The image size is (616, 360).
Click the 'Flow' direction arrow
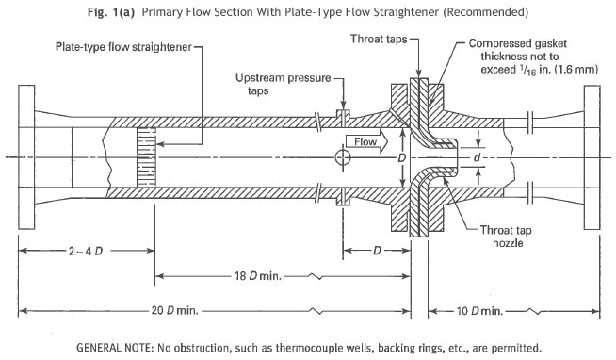367,142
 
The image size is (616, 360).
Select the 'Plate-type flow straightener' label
123,47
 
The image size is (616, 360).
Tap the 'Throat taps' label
379,39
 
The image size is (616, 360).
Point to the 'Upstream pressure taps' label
283,84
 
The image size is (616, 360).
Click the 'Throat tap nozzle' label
506,237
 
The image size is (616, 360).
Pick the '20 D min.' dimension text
175,311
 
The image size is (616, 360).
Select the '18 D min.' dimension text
258,276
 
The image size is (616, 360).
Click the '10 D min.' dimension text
479,311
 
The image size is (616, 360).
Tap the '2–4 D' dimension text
86,251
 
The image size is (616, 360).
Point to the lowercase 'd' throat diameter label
477,157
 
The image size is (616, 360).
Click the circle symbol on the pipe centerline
343,157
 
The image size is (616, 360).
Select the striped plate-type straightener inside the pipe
146,157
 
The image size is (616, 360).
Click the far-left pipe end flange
26,157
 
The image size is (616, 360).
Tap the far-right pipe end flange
592,157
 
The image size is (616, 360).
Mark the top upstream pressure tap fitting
343,117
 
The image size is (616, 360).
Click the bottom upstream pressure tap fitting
343,197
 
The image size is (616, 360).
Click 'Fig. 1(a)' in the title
111,12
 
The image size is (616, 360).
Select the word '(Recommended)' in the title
485,12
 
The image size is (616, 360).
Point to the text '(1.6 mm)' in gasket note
576,69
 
